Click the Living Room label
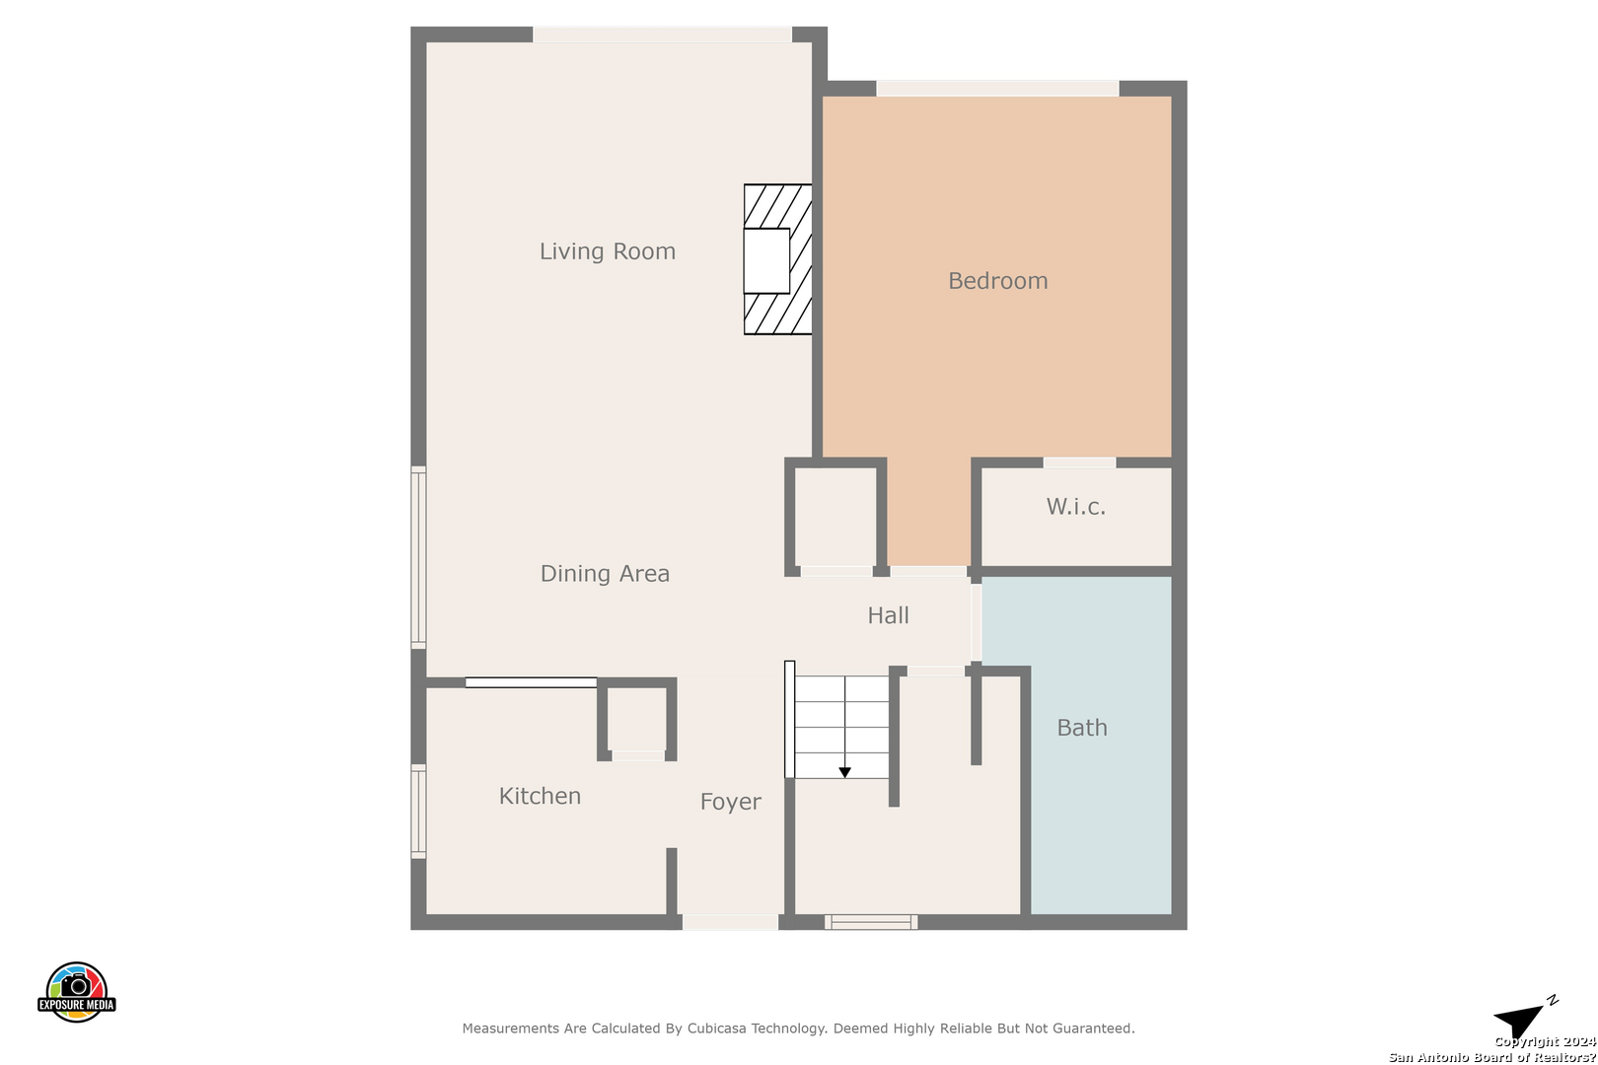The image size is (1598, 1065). tap(607, 251)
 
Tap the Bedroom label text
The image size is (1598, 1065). tap(998, 281)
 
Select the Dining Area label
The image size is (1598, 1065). tap(605, 574)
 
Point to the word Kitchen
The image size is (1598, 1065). tap(540, 796)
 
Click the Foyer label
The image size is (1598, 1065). tap(731, 802)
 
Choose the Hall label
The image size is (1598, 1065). tap(888, 615)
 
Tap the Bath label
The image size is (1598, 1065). tap(1082, 728)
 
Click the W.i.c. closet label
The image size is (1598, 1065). tap(1076, 507)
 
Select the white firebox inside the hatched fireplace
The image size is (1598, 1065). tap(766, 260)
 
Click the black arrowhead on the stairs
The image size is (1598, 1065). tap(844, 772)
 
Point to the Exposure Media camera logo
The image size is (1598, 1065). tap(76, 991)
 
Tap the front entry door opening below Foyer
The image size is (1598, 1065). tap(731, 922)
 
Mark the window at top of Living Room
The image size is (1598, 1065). tap(662, 35)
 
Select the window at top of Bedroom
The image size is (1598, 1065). tap(997, 89)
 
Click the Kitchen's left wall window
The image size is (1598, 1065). tap(419, 811)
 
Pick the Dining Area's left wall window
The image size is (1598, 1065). tap(419, 558)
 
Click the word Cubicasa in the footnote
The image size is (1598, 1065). tap(716, 1028)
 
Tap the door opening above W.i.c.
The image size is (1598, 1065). tap(1079, 462)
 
